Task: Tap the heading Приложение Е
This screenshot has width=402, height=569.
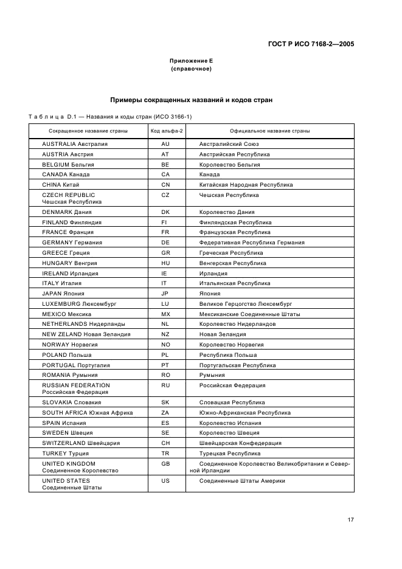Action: click(191, 61)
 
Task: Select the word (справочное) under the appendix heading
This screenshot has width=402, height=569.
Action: click(191, 69)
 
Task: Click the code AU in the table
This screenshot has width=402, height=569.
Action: click(165, 144)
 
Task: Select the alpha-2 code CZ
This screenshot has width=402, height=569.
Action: click(165, 195)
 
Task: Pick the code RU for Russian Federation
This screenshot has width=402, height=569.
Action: click(165, 385)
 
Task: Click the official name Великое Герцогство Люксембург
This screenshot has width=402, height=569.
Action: click(246, 303)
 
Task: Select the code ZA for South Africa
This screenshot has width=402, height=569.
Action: click(165, 412)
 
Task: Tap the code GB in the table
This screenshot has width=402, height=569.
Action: click(165, 463)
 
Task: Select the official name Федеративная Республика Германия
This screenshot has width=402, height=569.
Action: click(252, 243)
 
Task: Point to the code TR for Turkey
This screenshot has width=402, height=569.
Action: click(165, 453)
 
